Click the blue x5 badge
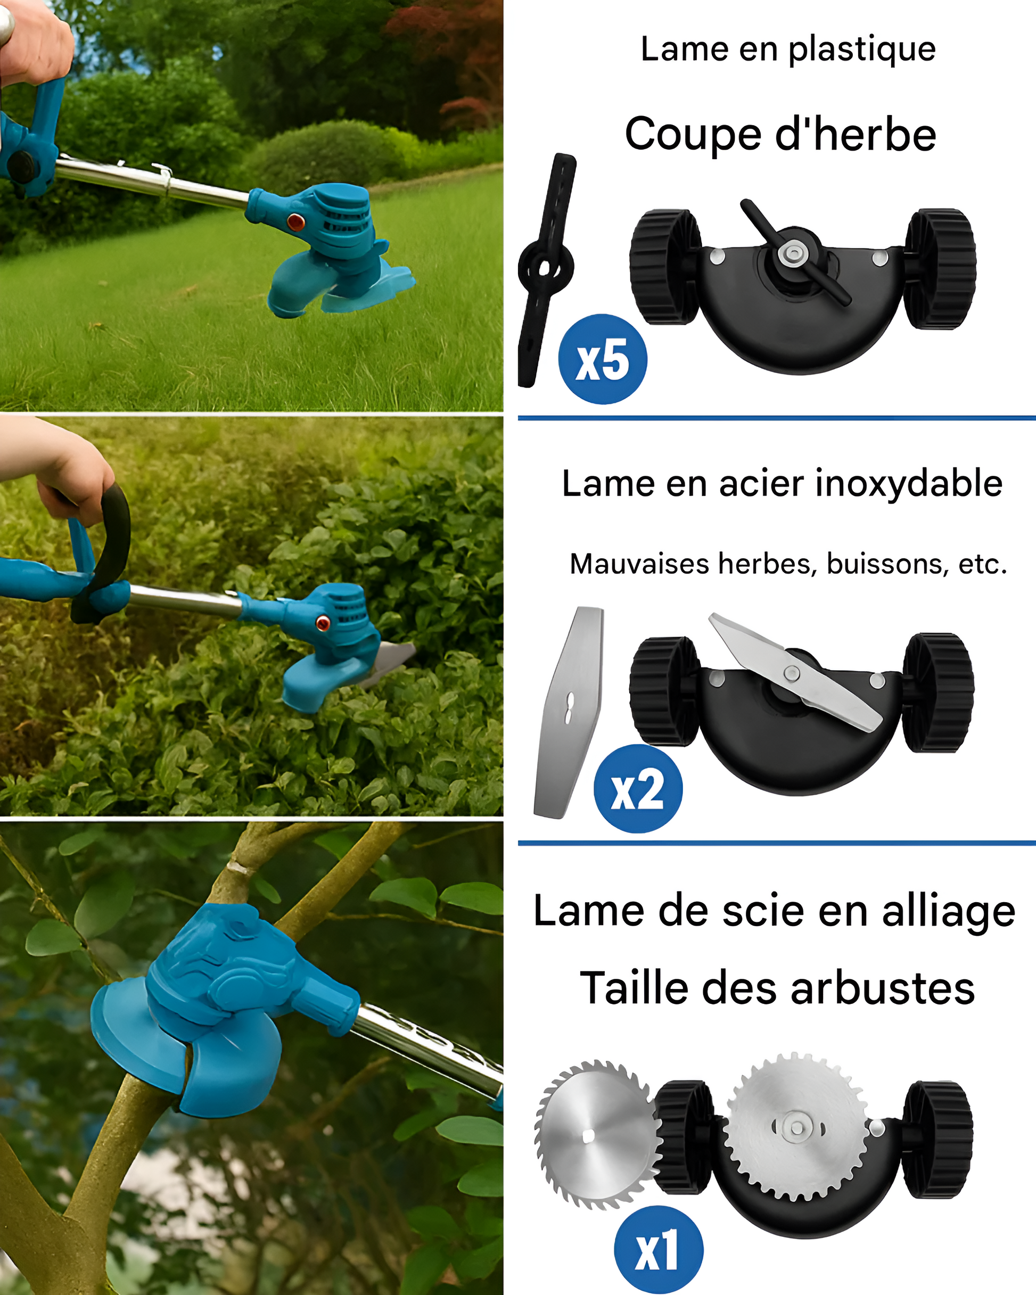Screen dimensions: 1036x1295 pyautogui.click(x=603, y=359)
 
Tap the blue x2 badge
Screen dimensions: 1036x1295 pyautogui.click(x=638, y=789)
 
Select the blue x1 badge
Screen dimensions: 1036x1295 pyautogui.click(x=659, y=1250)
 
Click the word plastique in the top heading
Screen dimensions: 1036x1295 pyautogui.click(x=862, y=51)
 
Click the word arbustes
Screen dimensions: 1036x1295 pyautogui.click(x=882, y=988)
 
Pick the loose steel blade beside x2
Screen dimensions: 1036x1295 pyautogui.click(x=569, y=712)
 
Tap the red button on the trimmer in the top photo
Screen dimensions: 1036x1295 pyautogui.click(x=295, y=221)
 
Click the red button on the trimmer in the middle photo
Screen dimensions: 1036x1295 pyautogui.click(x=323, y=623)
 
